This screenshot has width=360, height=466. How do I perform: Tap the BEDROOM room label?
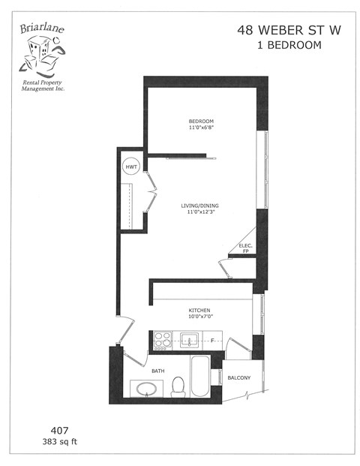tap(201, 122)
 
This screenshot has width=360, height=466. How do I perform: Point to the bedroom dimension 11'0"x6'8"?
tap(201, 129)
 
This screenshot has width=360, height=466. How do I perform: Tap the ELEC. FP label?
tap(244, 248)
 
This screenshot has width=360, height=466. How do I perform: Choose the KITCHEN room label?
tap(199, 310)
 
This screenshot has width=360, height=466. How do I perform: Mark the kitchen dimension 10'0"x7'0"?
tap(199, 317)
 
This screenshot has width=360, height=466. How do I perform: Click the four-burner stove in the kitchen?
tap(161, 342)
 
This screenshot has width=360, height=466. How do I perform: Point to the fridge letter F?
tap(213, 342)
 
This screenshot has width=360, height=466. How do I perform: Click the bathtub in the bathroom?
tap(201, 378)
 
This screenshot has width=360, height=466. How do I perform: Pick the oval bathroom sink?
tap(145, 389)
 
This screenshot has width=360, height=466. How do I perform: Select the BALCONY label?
tap(239, 378)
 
